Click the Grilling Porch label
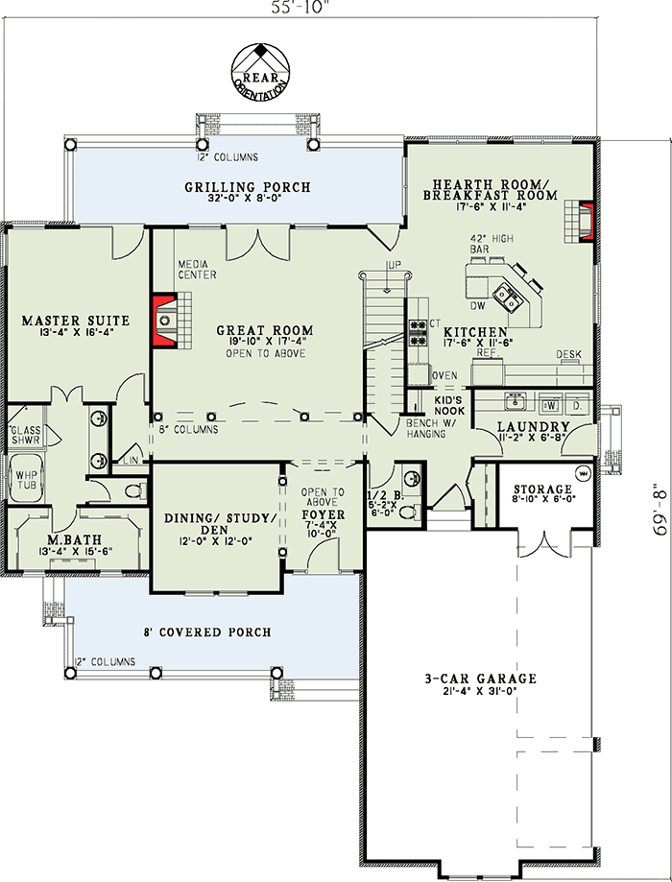point(248,186)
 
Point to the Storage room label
point(541,489)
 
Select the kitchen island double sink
point(504,293)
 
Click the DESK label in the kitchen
point(568,355)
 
